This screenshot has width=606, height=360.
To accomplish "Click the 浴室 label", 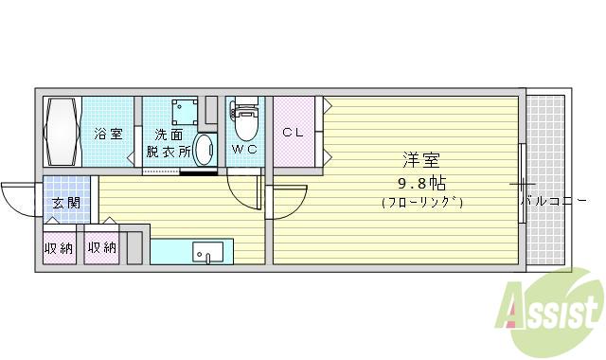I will click(107, 134).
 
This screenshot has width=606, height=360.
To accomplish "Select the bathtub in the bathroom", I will click(62, 133).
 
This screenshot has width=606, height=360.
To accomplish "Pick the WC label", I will click(245, 150).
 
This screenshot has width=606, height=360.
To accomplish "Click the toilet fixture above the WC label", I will click(245, 118).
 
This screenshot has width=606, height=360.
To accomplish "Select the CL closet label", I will click(293, 133).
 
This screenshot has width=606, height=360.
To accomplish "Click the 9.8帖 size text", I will click(420, 182).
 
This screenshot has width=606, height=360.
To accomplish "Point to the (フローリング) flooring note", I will click(421, 202).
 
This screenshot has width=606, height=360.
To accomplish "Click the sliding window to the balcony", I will click(522, 182).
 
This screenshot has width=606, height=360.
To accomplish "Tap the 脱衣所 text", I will click(169, 151).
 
